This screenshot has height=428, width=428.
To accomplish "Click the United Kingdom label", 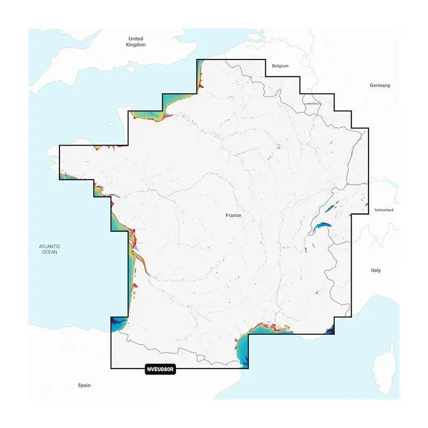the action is pos(136,42).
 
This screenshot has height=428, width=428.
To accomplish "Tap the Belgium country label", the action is pos(280,66).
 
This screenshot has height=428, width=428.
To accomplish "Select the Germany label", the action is pos(380,86).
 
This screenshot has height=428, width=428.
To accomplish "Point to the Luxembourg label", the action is pos(311,103).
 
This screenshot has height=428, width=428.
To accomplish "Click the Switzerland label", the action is pos(384,210).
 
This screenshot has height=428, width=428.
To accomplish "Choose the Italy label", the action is pos(376,271).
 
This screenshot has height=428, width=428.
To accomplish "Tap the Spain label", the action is pos(84,385).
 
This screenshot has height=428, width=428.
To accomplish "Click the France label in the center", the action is pos(233,216).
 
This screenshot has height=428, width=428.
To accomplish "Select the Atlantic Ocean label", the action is pos(50,249).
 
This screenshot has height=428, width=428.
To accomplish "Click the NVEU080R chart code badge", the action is pos(160,369).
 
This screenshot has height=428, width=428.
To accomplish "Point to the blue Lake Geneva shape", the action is pos(320,228).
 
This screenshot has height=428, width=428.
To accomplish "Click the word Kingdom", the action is pos(136,45).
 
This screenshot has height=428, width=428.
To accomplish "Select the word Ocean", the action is pos(50,252).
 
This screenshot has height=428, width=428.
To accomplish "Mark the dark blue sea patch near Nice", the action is pos(330,327).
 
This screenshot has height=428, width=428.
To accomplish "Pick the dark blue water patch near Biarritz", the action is pos(116,323).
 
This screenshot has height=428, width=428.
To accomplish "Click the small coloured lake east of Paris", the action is pos(279,150).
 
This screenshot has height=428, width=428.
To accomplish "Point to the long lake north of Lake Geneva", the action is pos(332,205).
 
